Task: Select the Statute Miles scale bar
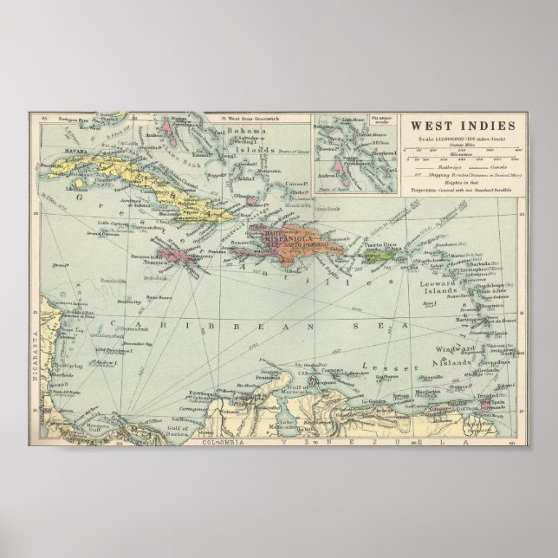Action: tap(460, 153)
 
